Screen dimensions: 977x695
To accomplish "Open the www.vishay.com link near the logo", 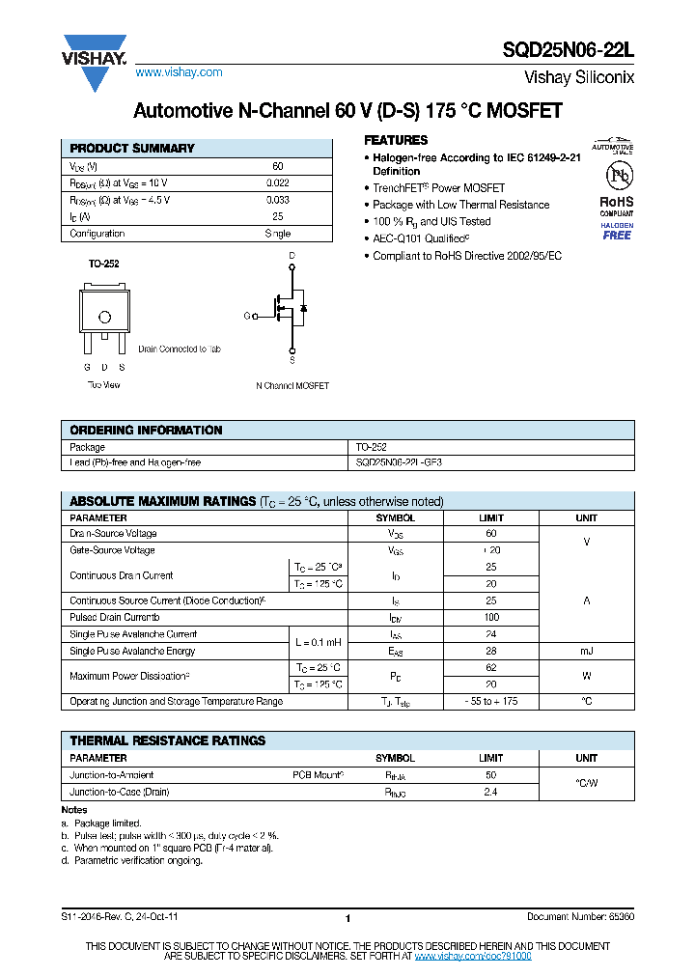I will (x=179, y=72).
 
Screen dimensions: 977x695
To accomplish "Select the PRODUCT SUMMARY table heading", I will (x=132, y=149).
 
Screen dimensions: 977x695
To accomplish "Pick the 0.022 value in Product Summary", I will (x=277, y=183).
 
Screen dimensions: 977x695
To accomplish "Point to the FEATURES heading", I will (x=396, y=141).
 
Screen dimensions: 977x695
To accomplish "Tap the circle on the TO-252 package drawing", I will (x=104, y=317).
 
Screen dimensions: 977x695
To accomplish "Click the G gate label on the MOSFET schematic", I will (x=247, y=316).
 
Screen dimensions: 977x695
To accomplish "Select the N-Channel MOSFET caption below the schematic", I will (x=292, y=385).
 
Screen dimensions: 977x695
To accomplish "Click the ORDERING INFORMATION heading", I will (x=147, y=431).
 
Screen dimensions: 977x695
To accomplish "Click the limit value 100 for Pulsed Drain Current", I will (x=491, y=617).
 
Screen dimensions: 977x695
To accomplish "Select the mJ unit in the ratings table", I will (x=586, y=652).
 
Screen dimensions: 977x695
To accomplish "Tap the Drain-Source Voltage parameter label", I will (x=113, y=534).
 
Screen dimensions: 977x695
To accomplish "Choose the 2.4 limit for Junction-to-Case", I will (x=491, y=792).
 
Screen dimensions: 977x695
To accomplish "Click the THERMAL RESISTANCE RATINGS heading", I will (x=167, y=740).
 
